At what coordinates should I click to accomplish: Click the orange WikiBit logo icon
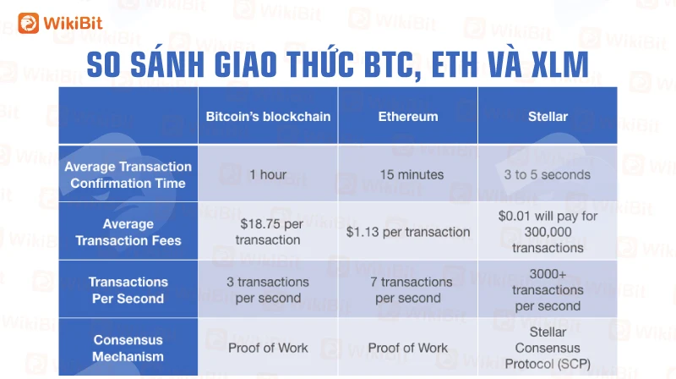click(29, 23)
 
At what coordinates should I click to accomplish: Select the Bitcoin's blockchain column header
click(268, 117)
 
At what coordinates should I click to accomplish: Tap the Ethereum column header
click(408, 117)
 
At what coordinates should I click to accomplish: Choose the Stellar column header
click(548, 117)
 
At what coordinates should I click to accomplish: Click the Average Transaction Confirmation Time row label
click(128, 175)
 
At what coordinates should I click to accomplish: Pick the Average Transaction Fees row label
click(128, 233)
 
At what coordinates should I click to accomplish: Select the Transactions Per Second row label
click(128, 290)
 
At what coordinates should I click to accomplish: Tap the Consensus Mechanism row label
click(128, 349)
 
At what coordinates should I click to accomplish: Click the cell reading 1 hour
click(268, 175)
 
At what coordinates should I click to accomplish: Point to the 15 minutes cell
click(412, 175)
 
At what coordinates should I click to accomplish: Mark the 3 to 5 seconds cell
click(548, 175)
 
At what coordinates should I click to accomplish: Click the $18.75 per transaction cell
click(268, 232)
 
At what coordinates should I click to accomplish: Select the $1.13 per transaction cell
click(408, 233)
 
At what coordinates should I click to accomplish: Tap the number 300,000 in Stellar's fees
click(548, 233)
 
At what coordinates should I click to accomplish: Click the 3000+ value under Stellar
click(548, 274)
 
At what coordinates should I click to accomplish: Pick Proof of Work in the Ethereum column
click(408, 348)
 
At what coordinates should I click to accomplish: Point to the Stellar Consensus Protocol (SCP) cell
click(548, 349)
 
